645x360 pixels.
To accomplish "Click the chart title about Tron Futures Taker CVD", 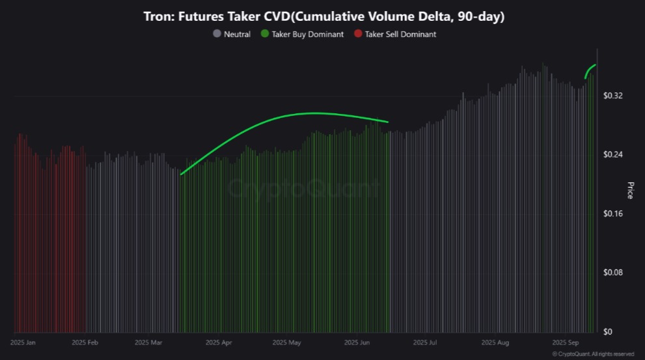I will click(323, 17).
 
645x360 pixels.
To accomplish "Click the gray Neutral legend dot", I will click(217, 34).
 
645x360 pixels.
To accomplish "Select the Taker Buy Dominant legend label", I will click(307, 34).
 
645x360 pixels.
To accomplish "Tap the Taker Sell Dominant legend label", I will click(400, 34).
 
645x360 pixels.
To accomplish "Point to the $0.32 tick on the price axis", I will click(612, 96).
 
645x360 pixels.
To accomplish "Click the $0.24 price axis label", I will click(612, 155).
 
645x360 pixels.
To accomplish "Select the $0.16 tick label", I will click(612, 214).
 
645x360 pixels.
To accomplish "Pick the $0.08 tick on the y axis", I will click(612, 272).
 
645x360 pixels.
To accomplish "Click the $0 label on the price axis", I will click(607, 331).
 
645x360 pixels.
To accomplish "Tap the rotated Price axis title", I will click(630, 190).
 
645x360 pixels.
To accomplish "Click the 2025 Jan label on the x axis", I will click(24, 342).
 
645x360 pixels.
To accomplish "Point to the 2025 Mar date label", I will click(149, 342).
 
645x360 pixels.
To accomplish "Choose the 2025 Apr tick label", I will click(218, 342).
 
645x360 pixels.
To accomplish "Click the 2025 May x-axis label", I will click(286, 342).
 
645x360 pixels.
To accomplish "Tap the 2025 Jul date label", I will click(424, 342).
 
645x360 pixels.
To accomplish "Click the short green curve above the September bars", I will click(590, 70).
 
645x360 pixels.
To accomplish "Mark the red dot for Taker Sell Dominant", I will click(357, 34).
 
